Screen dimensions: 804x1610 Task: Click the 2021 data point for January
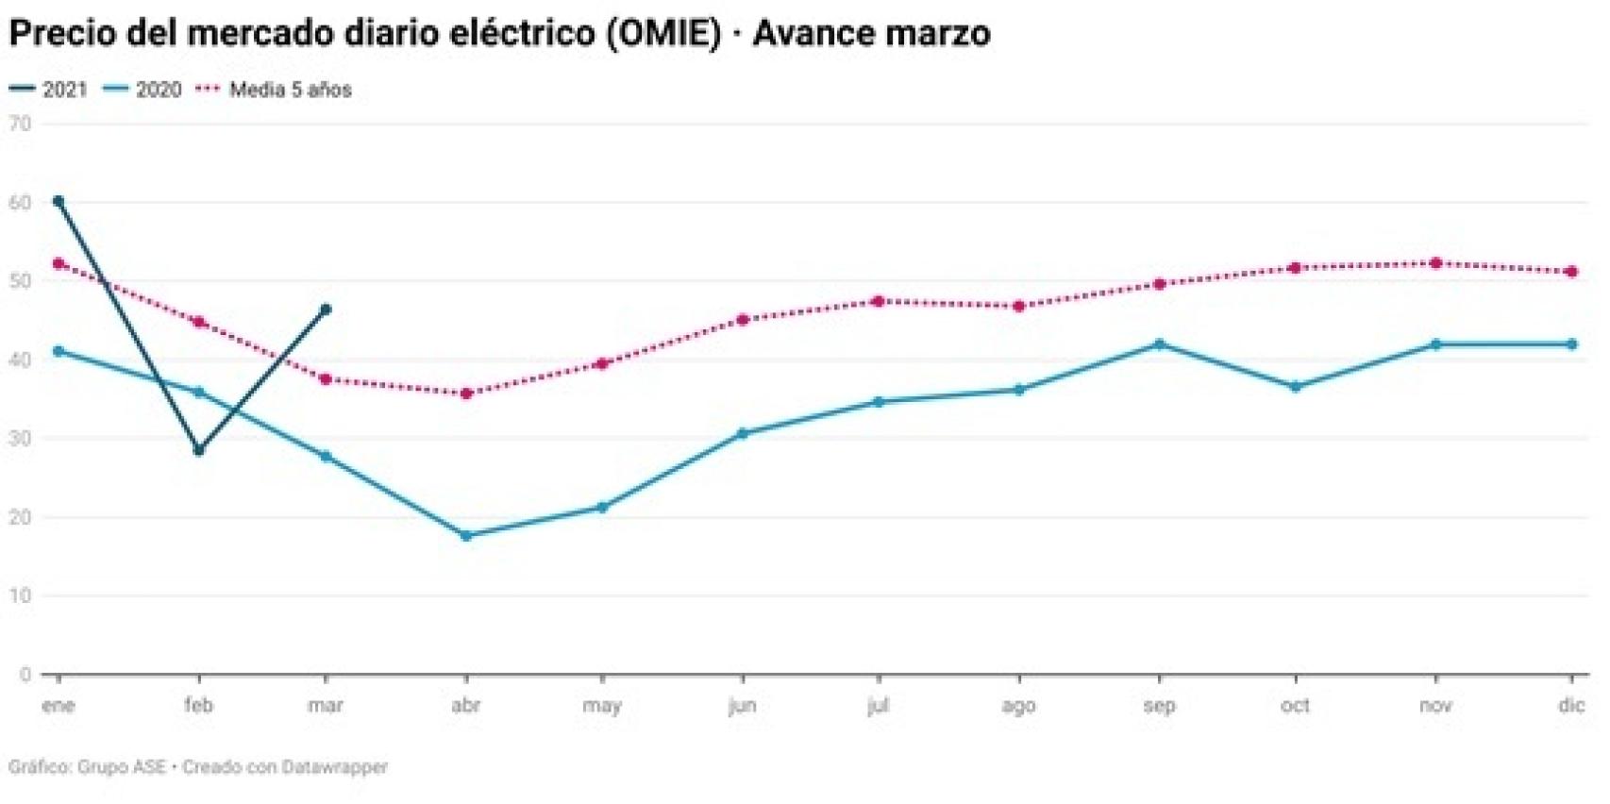59,201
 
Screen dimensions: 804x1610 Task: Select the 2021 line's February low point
198,450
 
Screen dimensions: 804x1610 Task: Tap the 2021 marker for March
326,310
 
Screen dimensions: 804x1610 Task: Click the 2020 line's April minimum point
465,535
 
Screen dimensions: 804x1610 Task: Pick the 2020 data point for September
1159,344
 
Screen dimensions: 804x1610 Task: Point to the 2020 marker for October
1295,387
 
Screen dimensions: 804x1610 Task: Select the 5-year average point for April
465,393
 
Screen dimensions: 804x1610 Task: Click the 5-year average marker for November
1435,263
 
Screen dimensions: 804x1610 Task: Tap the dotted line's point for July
878,301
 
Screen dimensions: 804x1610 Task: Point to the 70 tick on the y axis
20,124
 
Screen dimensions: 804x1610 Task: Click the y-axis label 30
20,439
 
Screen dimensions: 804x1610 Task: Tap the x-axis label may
601,706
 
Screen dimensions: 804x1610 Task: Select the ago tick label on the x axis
1017,706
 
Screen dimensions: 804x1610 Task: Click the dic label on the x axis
1570,706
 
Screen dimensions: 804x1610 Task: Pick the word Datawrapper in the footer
335,767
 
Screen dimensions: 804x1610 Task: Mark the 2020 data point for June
742,434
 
